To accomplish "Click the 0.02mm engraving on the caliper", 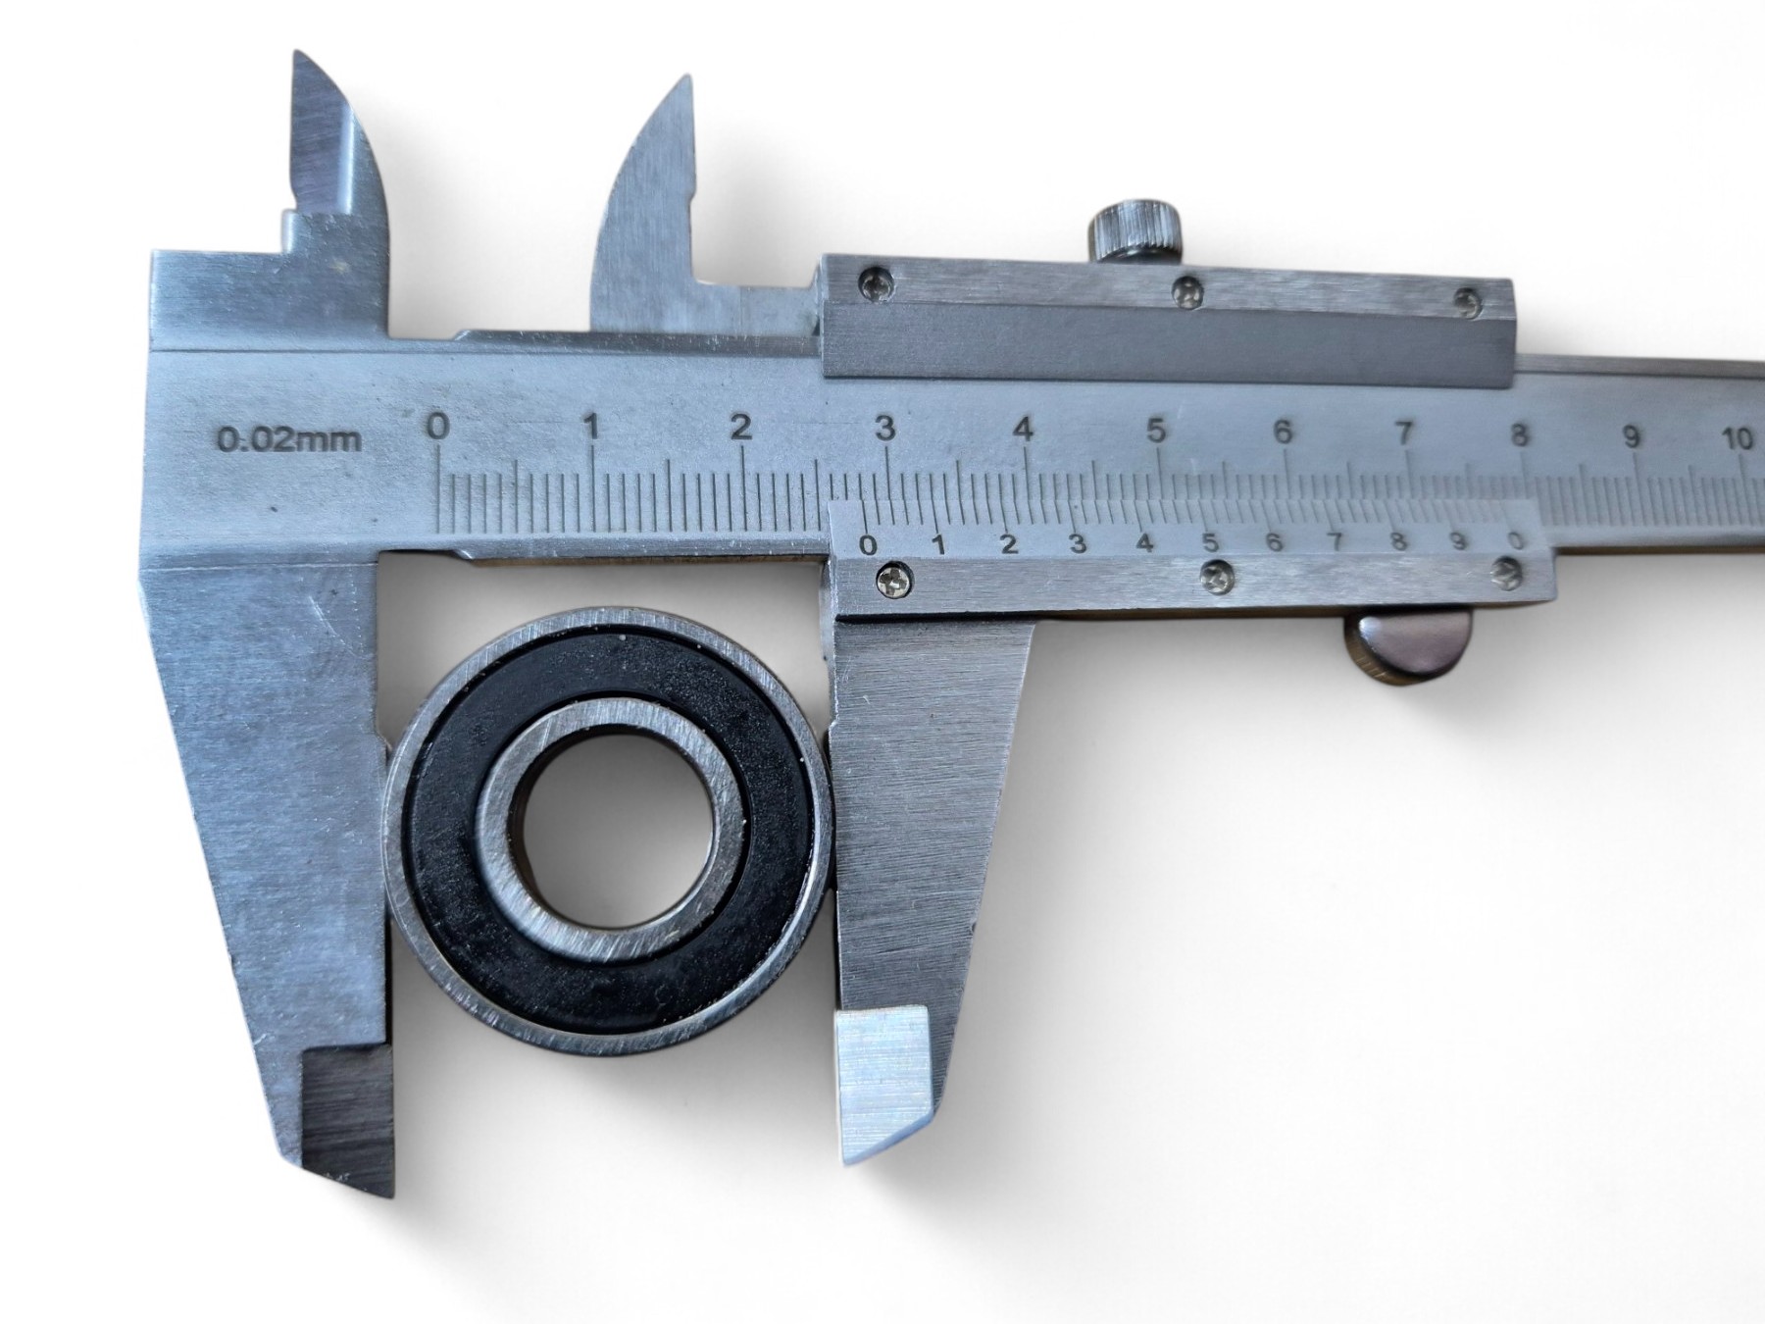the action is click(288, 438).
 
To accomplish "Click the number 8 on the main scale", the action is click(1519, 433).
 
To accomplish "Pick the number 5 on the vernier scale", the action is click(1210, 542).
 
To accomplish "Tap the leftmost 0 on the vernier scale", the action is click(868, 544).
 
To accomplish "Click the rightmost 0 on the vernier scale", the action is click(1516, 540).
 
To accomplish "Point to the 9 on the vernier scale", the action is click(1458, 540).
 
